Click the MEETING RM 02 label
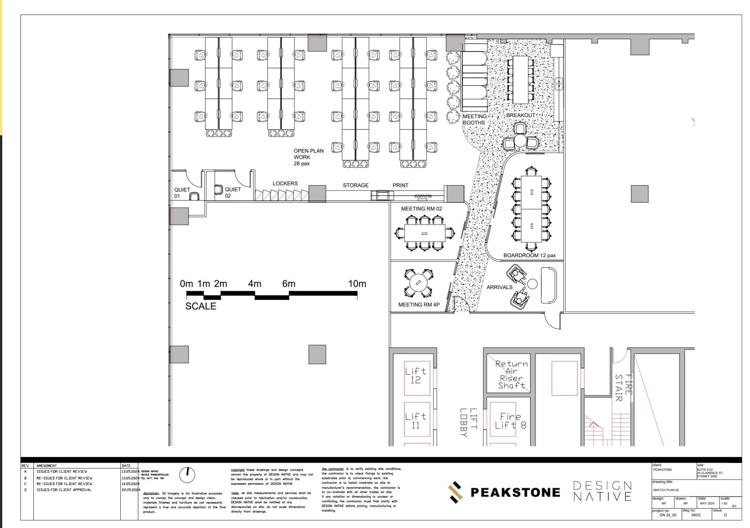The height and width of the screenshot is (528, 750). coord(421,209)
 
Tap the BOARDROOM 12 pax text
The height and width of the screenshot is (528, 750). coord(529,255)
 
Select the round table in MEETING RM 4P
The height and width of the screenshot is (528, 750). coord(418,283)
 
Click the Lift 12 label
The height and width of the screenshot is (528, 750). coord(416,376)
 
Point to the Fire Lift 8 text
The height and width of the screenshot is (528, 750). coord(510,421)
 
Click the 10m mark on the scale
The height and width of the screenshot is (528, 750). coord(357,284)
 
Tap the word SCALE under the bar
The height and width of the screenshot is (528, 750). coord(200,306)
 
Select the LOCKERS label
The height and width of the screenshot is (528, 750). coord(285,183)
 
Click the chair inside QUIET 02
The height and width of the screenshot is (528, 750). coord(219,189)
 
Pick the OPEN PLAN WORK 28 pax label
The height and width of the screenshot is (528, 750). coord(308,157)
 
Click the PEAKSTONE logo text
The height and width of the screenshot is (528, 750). coord(515,492)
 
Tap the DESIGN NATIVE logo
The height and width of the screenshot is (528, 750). coord(602,491)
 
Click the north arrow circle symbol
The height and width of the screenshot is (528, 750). coord(187,475)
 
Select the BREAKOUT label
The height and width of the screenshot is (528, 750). coord(520,115)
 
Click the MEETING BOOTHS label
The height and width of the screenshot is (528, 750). coord(474,119)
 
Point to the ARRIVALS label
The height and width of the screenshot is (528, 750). coord(499,287)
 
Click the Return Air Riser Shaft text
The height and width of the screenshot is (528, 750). coord(511,374)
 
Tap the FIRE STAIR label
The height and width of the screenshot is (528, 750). coord(623,387)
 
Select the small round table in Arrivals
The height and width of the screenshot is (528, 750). coord(532,284)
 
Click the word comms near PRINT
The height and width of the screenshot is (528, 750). coord(423,196)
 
